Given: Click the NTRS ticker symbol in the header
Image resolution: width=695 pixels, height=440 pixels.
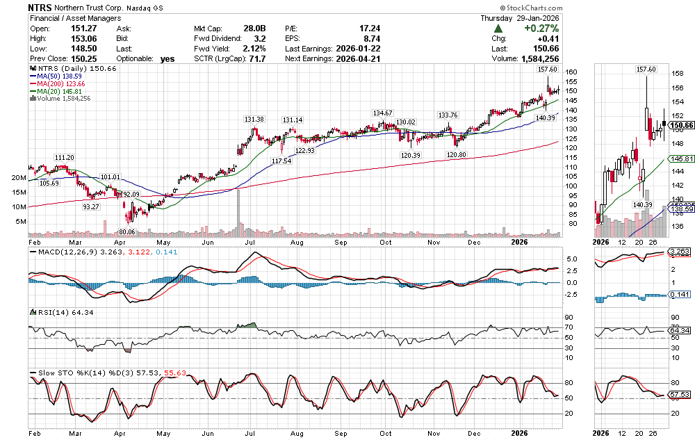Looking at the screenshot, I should tap(40, 7).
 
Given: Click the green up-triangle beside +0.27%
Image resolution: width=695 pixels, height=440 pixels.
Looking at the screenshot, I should tap(498, 28).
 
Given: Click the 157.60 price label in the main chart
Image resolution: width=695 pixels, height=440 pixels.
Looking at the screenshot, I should tap(548, 70).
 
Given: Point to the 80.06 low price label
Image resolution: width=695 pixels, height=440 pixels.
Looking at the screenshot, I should tap(126, 231).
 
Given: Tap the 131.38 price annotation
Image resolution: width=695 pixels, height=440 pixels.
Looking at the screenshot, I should tap(254, 120).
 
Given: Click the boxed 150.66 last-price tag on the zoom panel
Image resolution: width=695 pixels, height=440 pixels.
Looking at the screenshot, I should tap(677, 124).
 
